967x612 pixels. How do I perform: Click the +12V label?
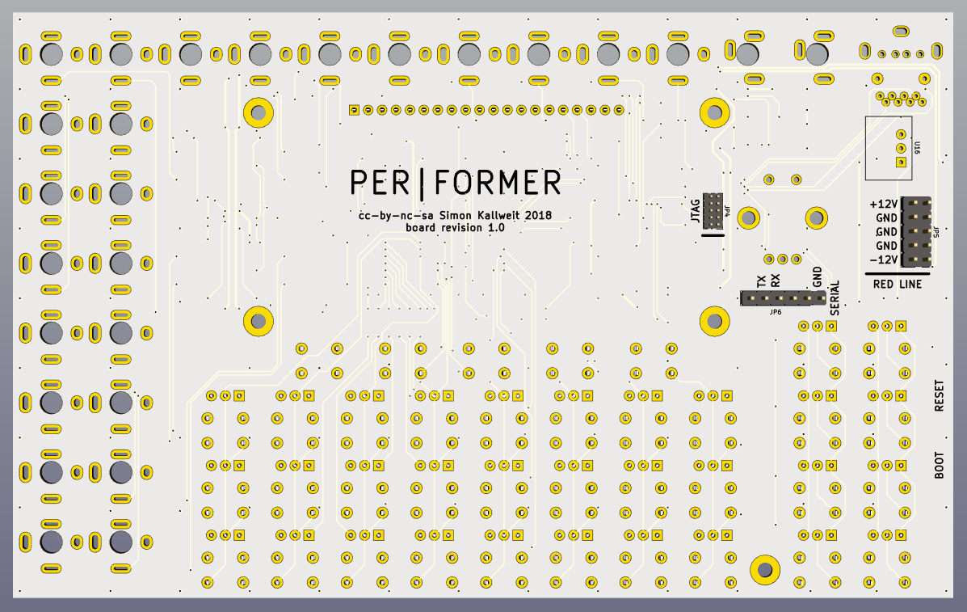(x=884, y=204)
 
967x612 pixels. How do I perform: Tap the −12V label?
(x=884, y=260)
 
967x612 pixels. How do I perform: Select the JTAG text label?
(x=694, y=209)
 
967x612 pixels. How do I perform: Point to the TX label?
(x=761, y=281)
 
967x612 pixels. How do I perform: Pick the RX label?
(x=775, y=281)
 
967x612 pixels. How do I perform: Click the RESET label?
(x=939, y=396)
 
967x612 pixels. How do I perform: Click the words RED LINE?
(x=897, y=284)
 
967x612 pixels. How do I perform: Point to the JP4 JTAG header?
(x=713, y=211)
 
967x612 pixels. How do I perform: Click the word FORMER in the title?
(x=497, y=183)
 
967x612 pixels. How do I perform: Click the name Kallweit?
(x=493, y=215)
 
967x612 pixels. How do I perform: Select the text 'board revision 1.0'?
(x=455, y=228)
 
